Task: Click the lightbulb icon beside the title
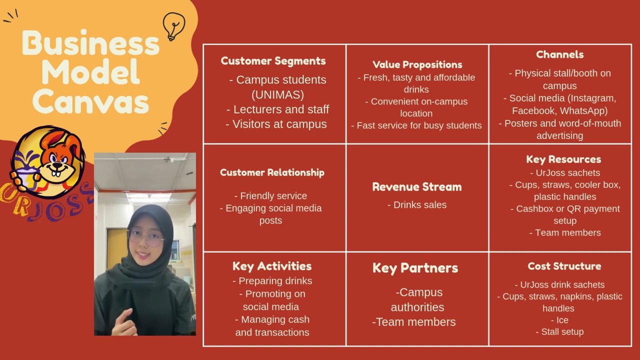click(x=174, y=26)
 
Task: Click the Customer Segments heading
click(x=273, y=61)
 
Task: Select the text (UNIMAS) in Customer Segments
click(x=277, y=94)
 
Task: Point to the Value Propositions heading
click(x=417, y=64)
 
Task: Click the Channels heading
click(x=559, y=54)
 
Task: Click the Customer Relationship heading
click(x=272, y=172)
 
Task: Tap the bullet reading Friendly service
click(x=270, y=196)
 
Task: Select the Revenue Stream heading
click(x=416, y=187)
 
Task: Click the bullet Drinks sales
click(x=417, y=204)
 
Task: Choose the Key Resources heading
click(x=563, y=159)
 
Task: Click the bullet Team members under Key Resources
click(x=565, y=232)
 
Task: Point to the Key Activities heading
click(x=272, y=266)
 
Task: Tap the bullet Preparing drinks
click(x=272, y=281)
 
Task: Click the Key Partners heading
click(x=415, y=268)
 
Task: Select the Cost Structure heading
click(x=564, y=266)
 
